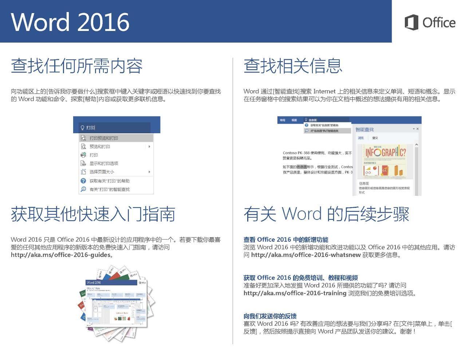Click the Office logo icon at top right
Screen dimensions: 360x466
411,23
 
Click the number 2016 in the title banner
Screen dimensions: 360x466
103,22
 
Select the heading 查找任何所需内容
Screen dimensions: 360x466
76,66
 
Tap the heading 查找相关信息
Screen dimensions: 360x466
293,66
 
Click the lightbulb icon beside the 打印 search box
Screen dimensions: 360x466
82,128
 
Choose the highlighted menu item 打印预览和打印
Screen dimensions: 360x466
104,138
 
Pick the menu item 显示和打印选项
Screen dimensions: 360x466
104,163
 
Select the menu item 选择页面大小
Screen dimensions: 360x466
102,172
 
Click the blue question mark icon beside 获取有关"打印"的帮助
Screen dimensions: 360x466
83,181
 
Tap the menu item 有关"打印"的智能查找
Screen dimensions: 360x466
109,189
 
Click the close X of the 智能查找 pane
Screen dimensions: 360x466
418,129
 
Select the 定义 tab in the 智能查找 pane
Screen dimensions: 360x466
375,138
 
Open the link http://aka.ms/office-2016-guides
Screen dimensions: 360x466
60,255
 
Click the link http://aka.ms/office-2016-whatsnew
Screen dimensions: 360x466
306,255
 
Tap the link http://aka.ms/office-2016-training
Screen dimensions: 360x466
295,293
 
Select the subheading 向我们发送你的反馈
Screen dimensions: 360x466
270,316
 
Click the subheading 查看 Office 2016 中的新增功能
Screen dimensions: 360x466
286,240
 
